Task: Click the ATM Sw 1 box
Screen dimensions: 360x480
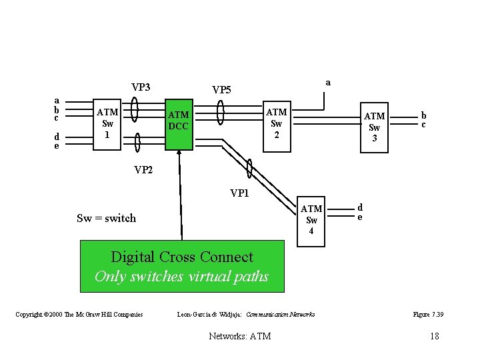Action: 107,123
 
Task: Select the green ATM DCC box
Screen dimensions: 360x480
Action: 178,121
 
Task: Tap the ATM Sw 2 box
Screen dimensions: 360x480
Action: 277,123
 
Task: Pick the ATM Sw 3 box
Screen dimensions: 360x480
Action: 374,127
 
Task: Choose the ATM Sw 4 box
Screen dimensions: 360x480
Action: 311,220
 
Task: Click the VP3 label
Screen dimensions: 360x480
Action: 141,87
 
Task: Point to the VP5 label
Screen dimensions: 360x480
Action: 221,89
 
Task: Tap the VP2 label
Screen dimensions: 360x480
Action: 143,170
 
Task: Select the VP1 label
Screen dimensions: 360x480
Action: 240,193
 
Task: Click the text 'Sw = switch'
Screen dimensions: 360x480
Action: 106,218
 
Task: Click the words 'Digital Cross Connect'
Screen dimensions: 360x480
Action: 182,257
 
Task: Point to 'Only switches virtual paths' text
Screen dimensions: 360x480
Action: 181,276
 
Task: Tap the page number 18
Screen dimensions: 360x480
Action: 435,336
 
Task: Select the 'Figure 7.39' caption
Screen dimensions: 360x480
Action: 428,314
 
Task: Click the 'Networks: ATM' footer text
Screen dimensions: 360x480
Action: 240,336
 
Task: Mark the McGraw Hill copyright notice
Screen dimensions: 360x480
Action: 79,314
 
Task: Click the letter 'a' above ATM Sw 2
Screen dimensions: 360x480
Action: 328,82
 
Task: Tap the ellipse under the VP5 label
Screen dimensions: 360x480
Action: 221,113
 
